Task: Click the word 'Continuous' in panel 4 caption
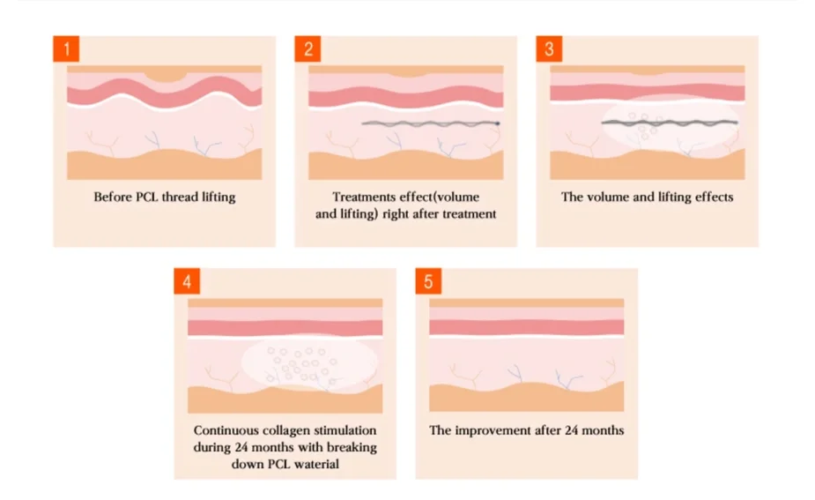(225, 430)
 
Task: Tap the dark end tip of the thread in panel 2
(498, 123)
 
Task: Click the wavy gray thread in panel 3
(670, 121)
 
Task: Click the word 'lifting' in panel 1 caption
(217, 197)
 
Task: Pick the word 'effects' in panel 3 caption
(711, 197)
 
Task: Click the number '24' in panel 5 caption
(566, 430)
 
